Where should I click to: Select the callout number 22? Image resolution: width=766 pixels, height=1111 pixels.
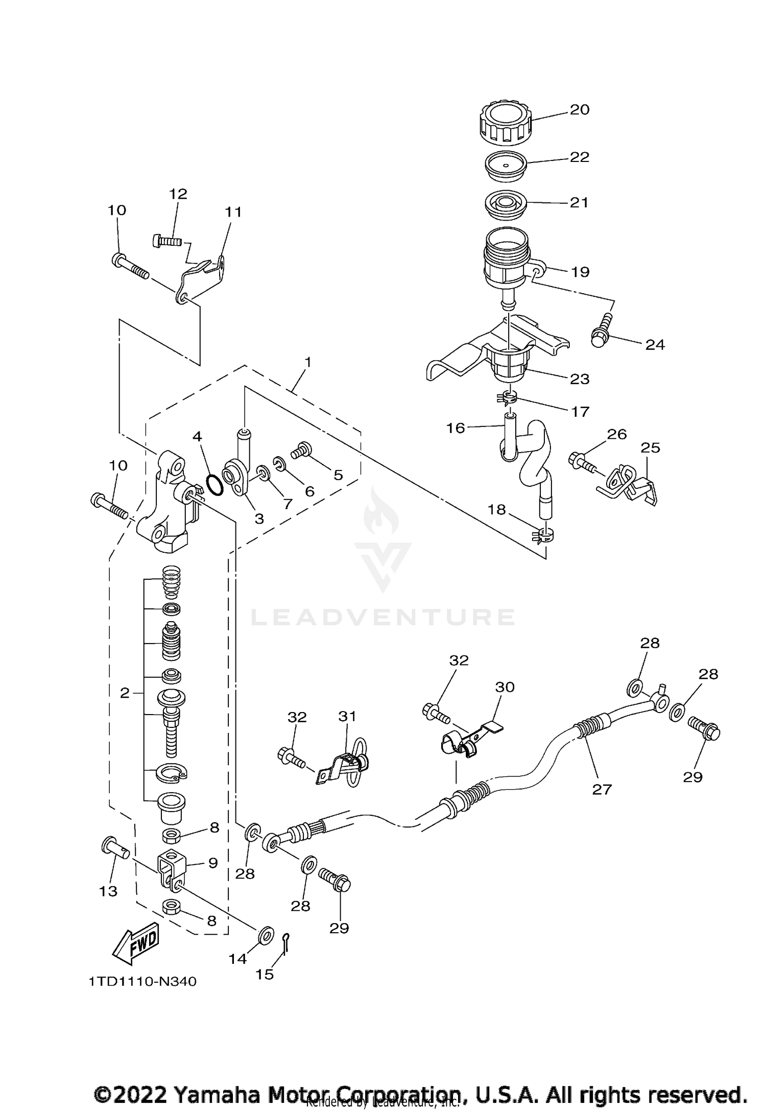click(x=580, y=156)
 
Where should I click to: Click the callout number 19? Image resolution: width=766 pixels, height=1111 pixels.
click(x=580, y=272)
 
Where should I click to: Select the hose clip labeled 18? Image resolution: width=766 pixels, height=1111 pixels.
click(x=543, y=535)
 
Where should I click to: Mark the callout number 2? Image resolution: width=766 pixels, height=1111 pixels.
click(x=125, y=693)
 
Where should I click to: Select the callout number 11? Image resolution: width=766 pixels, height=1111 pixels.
click(x=233, y=211)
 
